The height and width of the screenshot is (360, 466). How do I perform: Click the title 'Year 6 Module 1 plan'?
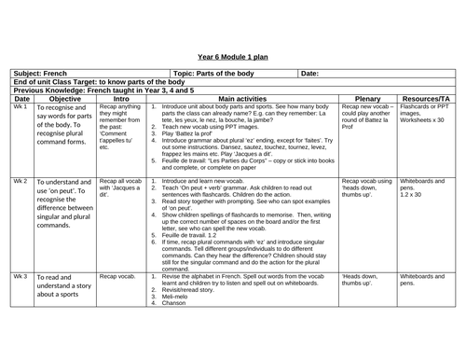(233, 56)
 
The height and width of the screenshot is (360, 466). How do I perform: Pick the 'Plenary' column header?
(369, 98)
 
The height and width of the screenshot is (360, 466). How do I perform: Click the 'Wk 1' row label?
(21, 106)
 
